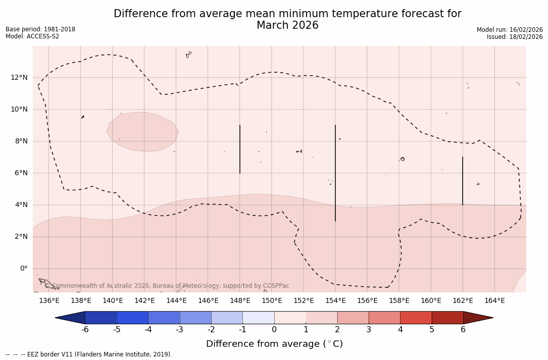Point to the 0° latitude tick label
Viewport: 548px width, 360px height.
pyautogui.click(x=24, y=269)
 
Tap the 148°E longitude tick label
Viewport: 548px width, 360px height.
pyautogui.click(x=240, y=301)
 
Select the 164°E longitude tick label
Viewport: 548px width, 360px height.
pyautogui.click(x=494, y=301)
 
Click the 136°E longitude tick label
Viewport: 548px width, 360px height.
pyautogui.click(x=49, y=301)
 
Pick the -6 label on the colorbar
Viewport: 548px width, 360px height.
pyautogui.click(x=85, y=330)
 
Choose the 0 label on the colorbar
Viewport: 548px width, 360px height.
pyautogui.click(x=274, y=330)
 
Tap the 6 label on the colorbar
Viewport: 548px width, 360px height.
pyautogui.click(x=463, y=330)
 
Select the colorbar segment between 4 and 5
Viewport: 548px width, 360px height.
pyautogui.click(x=416, y=318)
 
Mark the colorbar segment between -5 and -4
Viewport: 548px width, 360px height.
pyautogui.click(x=132, y=318)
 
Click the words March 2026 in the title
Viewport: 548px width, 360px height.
pyautogui.click(x=287, y=25)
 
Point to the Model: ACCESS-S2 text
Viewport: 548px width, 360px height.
pyautogui.click(x=32, y=36)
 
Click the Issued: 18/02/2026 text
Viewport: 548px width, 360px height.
pyautogui.click(x=515, y=37)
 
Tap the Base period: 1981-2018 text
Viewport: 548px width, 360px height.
pyautogui.click(x=40, y=29)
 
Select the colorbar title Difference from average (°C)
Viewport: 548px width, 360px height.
pyautogui.click(x=274, y=344)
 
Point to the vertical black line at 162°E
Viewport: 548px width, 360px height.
pyautogui.click(x=463, y=181)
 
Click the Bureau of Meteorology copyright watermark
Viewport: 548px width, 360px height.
pyautogui.click(x=171, y=286)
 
